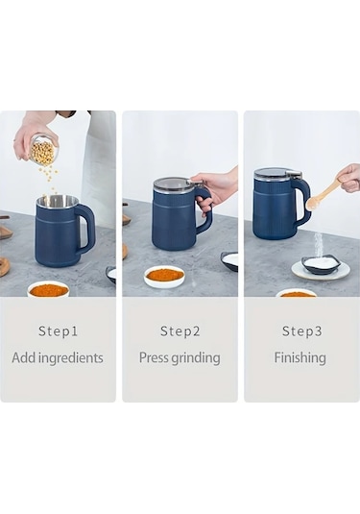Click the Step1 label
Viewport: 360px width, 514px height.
58,331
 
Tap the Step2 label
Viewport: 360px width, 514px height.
180,331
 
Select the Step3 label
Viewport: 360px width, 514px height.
302,331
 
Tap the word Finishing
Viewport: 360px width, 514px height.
300,358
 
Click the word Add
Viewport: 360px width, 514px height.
24,357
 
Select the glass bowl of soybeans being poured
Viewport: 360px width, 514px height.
45,148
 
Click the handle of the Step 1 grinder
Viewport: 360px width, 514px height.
86,227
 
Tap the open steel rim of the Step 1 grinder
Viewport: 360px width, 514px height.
58,200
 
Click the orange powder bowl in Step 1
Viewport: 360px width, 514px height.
48,289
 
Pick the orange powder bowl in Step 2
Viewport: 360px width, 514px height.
165,277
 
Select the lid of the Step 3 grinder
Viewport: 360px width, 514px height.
277,173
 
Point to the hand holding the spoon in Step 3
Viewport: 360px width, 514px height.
349,178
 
